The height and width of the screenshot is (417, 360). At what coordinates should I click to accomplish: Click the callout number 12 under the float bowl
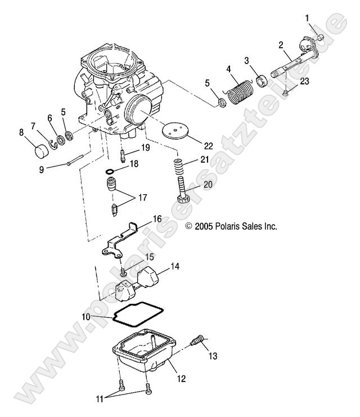point(181,379)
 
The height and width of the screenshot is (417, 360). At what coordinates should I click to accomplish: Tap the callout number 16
point(157,219)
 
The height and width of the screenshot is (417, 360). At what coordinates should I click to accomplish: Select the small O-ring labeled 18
point(113,172)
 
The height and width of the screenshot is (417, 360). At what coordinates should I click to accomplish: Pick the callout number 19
point(145,149)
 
